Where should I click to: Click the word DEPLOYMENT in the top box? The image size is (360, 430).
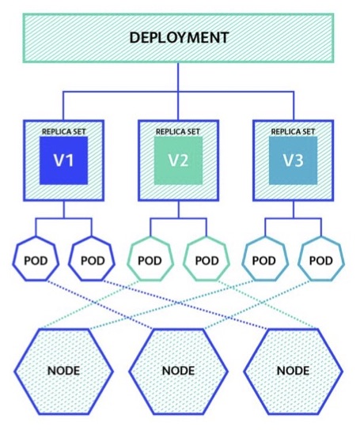(x=179, y=38)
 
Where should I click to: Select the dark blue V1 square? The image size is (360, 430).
(x=64, y=160)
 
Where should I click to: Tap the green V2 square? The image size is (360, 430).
(x=179, y=160)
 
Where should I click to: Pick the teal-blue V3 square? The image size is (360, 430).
(x=294, y=160)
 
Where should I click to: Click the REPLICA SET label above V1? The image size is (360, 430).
(x=64, y=132)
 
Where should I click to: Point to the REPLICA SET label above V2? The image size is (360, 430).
(x=178, y=132)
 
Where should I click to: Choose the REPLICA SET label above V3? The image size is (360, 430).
(x=293, y=132)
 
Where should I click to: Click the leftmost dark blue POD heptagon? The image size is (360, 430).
(x=36, y=258)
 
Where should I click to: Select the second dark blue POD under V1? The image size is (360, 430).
(x=92, y=258)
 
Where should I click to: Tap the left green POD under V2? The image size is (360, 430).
(x=150, y=258)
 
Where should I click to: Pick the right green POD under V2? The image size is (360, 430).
(x=207, y=258)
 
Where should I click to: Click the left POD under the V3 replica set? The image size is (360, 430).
(x=265, y=258)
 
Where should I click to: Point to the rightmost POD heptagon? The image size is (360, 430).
(x=321, y=258)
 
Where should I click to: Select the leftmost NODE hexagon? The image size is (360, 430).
(x=64, y=372)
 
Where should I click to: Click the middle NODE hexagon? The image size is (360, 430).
(x=179, y=372)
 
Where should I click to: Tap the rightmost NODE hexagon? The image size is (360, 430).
(x=294, y=372)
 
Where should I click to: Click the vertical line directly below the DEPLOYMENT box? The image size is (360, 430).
(x=178, y=77)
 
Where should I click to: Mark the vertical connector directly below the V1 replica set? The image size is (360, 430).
(x=64, y=209)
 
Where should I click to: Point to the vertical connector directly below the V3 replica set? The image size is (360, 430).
(x=294, y=209)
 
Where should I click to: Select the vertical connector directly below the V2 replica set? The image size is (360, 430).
(x=179, y=209)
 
